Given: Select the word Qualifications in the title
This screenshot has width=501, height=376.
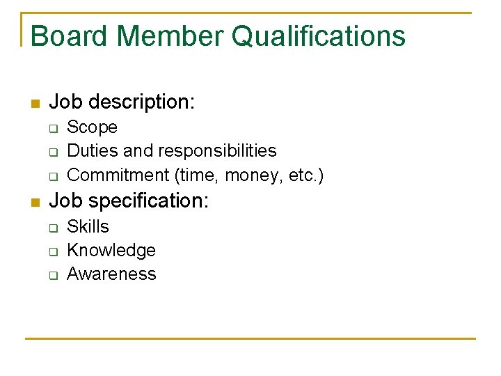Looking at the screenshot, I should (x=319, y=36).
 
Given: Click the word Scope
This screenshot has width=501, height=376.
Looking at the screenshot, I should (x=92, y=127).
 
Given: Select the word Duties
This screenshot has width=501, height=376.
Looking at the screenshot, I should (x=88, y=151).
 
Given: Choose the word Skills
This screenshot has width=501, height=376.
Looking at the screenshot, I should (x=88, y=227).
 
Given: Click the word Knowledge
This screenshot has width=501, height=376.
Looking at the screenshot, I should (x=111, y=251).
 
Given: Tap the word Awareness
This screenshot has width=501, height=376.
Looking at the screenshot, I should (x=111, y=274).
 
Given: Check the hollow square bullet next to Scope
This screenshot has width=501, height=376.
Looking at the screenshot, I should (x=53, y=129).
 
